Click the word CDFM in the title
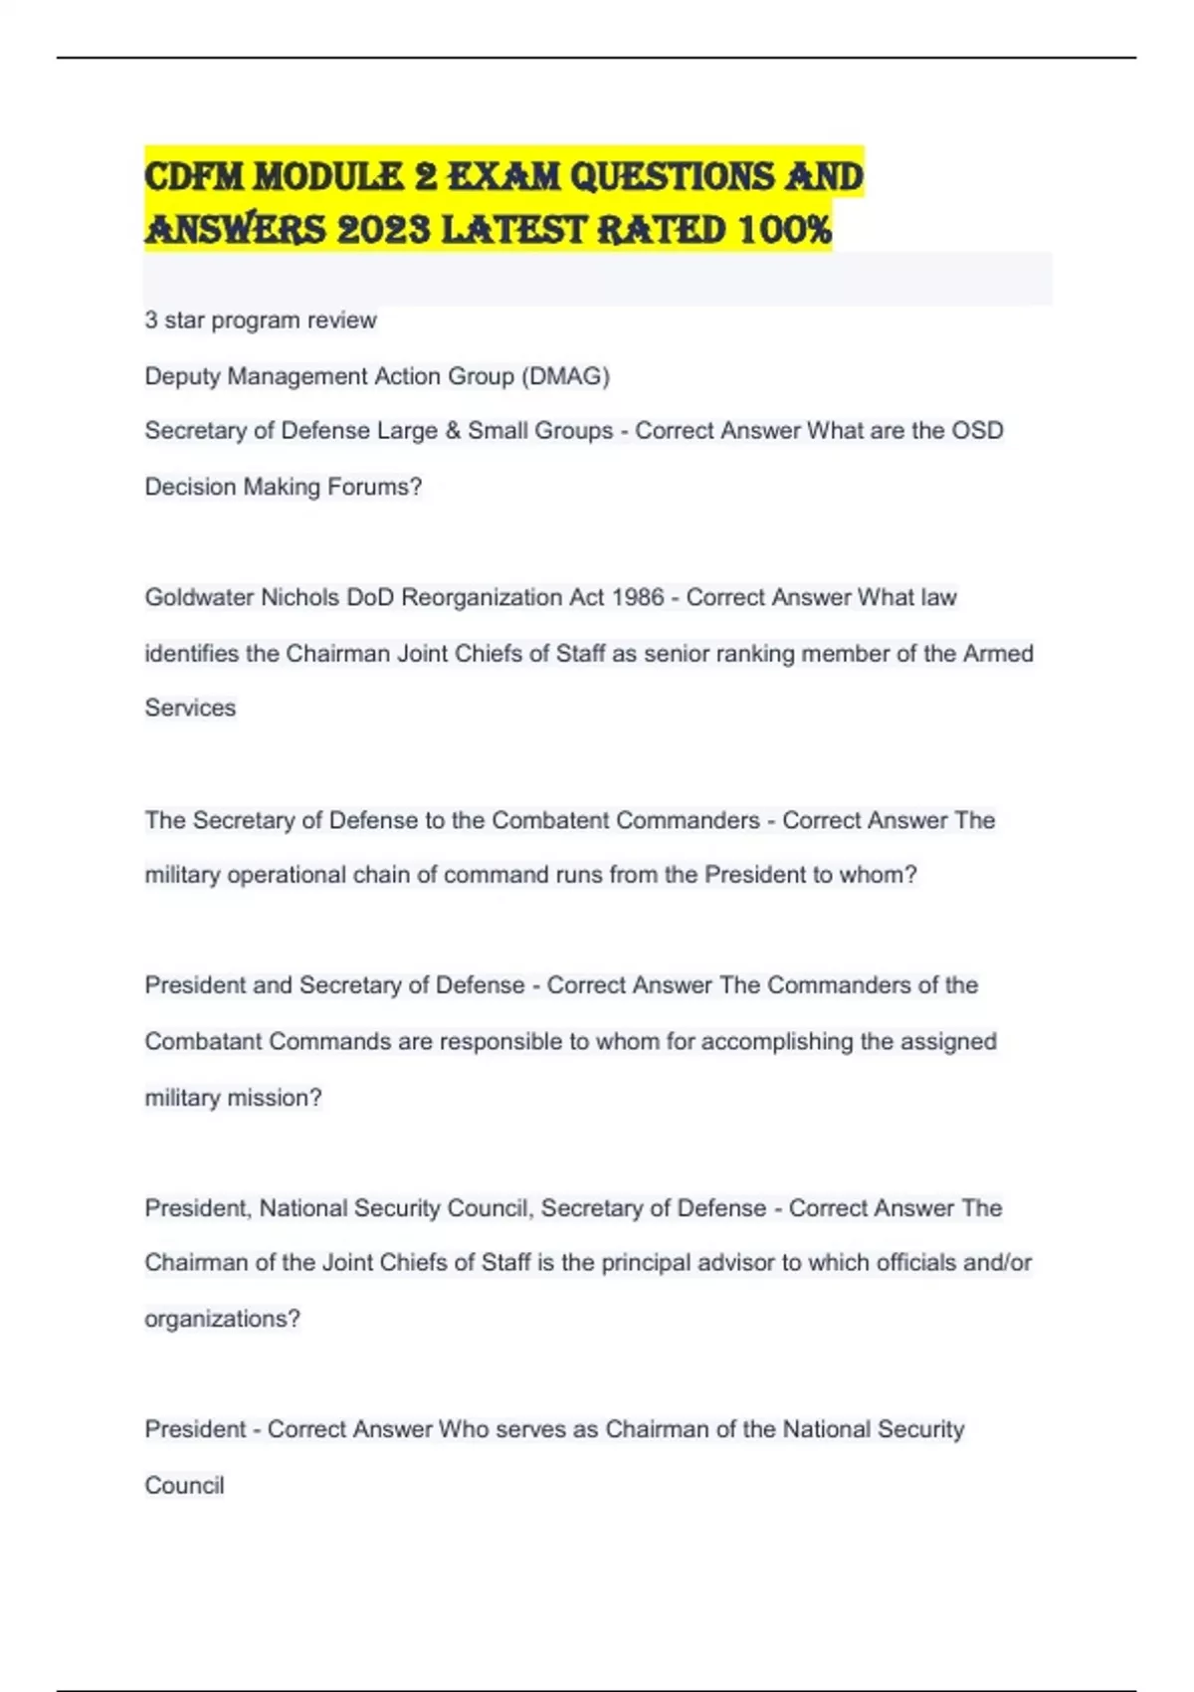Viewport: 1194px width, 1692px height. [194, 177]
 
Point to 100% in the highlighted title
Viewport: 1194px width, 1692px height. [784, 230]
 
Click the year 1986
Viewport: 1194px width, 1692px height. [638, 597]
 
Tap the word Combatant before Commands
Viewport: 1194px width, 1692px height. [204, 1041]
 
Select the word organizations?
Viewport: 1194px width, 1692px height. [222, 1319]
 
